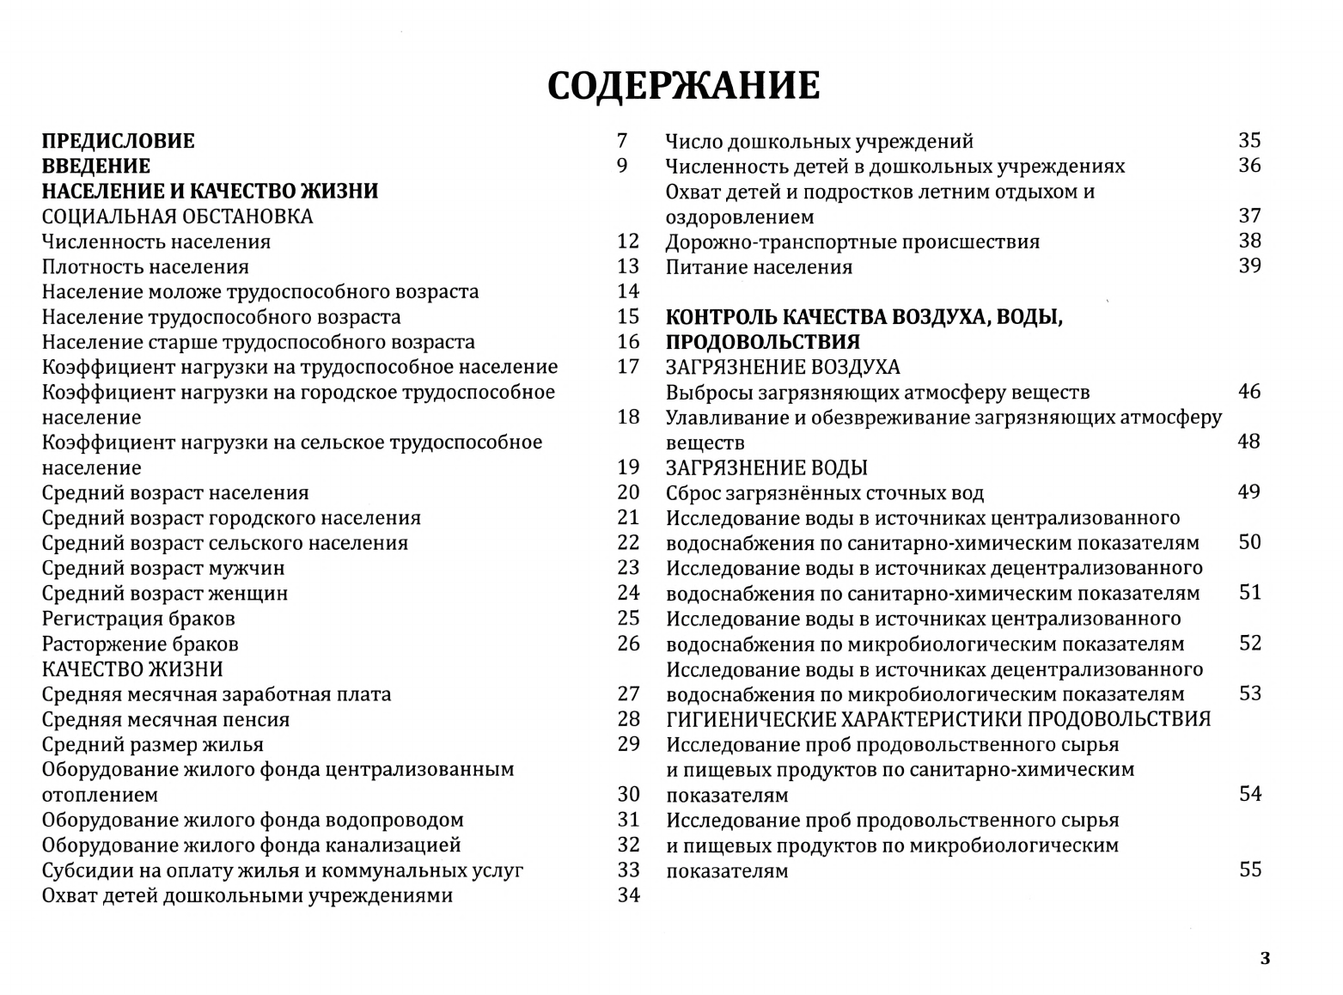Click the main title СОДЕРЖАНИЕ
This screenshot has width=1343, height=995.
[x=683, y=86]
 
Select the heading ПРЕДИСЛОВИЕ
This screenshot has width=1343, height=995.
[x=119, y=141]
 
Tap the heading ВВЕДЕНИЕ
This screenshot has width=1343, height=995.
[x=96, y=166]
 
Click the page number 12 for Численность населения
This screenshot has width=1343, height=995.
[x=628, y=241]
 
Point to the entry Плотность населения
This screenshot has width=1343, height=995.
[x=145, y=267]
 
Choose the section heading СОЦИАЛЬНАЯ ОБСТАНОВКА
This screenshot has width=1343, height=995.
[x=177, y=217]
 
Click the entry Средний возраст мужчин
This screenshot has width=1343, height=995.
[x=163, y=568]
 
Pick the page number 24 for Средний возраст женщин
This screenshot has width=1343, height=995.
[x=628, y=593]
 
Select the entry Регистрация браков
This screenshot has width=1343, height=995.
[x=138, y=619]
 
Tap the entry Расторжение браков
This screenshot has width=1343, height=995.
[x=140, y=644]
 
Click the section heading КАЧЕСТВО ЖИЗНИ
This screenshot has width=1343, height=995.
[x=132, y=668]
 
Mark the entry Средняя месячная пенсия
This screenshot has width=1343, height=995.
[x=166, y=719]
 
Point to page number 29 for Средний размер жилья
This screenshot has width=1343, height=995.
[x=628, y=744]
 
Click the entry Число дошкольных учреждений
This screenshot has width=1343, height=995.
[x=820, y=141]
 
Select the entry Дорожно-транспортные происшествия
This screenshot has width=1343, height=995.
[x=852, y=241]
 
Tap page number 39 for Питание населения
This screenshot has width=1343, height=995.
[x=1249, y=266]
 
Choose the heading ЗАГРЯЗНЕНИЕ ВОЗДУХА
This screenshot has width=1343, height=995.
[x=783, y=368]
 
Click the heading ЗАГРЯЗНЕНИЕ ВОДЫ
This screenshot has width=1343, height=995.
[x=766, y=468]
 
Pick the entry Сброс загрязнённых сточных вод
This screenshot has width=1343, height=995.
[x=825, y=493]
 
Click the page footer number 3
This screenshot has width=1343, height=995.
[x=1264, y=959]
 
